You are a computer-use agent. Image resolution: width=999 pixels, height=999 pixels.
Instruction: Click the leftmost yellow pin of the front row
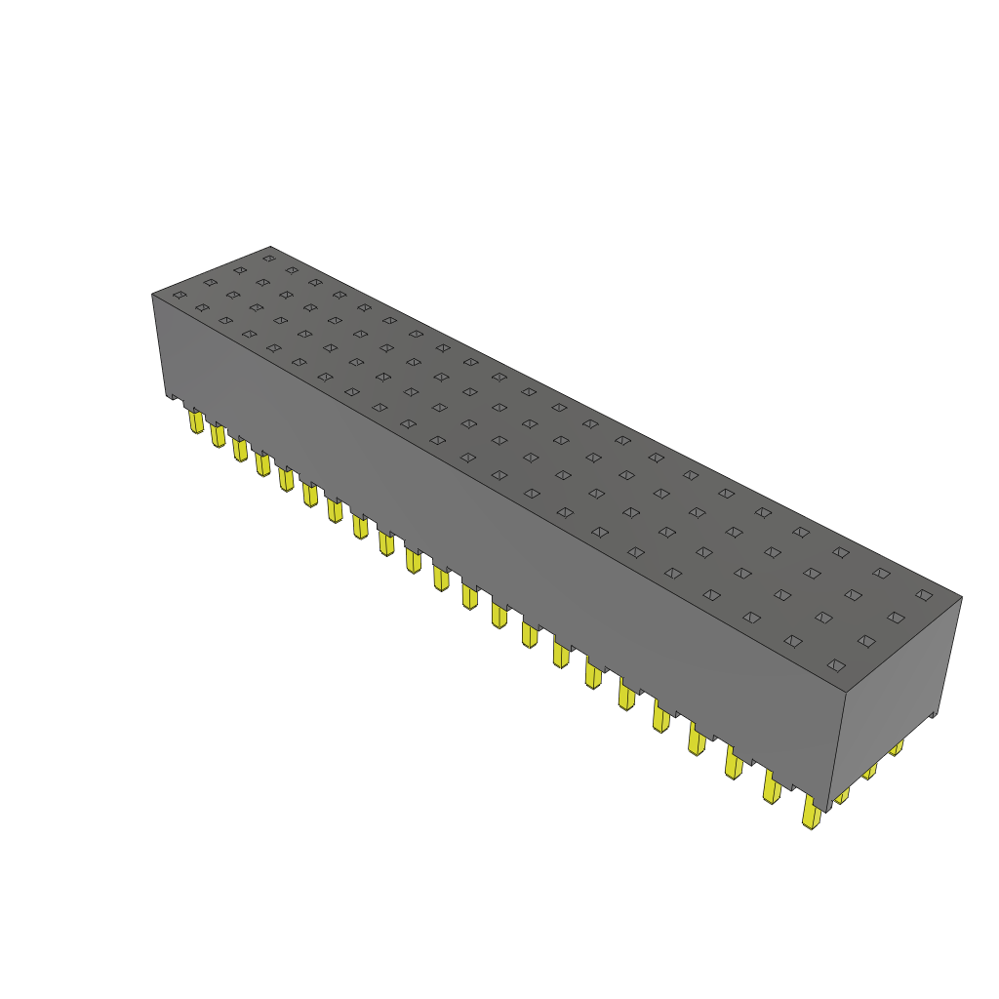[x=196, y=421]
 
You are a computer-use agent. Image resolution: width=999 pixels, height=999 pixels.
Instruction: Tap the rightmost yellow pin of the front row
[x=810, y=812]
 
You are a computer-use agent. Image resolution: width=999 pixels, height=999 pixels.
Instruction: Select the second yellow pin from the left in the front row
[x=218, y=435]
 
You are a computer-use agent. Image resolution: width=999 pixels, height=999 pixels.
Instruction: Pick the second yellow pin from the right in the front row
[x=772, y=787]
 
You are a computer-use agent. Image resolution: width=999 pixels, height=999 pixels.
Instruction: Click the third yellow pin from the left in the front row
[x=240, y=450]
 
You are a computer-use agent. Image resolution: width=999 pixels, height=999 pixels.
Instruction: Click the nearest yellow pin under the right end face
[x=842, y=795]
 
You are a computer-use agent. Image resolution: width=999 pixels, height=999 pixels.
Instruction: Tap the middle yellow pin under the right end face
[x=869, y=771]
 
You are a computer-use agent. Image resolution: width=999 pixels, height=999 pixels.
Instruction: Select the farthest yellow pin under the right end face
[x=896, y=748]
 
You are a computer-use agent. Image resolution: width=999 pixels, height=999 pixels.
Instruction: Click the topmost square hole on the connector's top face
[x=269, y=259]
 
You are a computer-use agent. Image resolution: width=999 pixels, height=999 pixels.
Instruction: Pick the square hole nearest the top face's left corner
[x=180, y=295]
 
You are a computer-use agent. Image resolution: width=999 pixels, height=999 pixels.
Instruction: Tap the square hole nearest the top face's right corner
[x=923, y=594]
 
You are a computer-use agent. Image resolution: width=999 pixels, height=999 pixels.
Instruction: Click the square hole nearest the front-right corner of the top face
[x=835, y=664]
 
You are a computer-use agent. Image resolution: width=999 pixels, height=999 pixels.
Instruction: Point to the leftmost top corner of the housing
[x=152, y=294]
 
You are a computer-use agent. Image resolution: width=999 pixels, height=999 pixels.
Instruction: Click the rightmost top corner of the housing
[x=962, y=597]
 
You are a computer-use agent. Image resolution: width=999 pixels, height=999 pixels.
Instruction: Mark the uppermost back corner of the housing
[x=270, y=247]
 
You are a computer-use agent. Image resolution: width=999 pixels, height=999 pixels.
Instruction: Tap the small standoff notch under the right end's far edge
[x=934, y=716]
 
